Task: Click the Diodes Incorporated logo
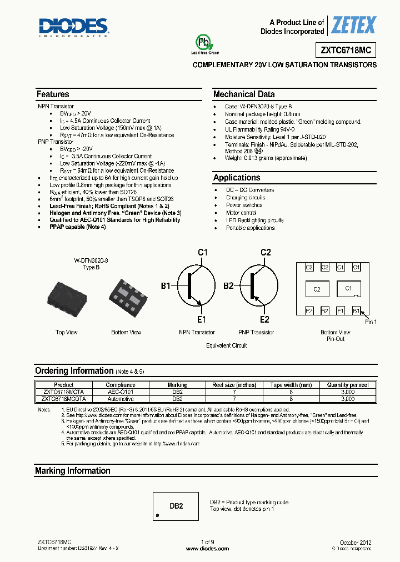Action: tap(73, 27)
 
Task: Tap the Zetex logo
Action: tap(354, 26)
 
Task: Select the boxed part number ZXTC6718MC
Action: tap(346, 50)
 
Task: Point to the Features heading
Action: tap(53, 94)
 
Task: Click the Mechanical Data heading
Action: tap(244, 94)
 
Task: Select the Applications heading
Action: tap(237, 178)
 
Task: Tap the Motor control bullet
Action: tap(241, 213)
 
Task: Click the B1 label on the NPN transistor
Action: tap(166, 286)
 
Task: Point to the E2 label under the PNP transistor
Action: tap(264, 319)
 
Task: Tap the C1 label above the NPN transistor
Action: tap(203, 253)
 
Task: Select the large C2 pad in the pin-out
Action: tap(317, 289)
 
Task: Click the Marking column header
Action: tap(177, 385)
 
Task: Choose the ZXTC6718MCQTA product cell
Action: tap(64, 399)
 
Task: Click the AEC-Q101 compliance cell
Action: tap(121, 392)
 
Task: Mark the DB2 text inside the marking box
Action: tap(176, 506)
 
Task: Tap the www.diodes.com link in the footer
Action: tap(207, 548)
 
